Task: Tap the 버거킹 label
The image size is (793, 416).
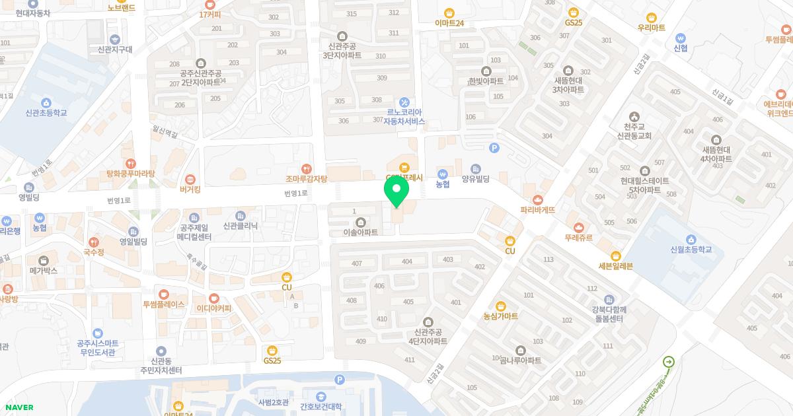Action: pyautogui.click(x=190, y=188)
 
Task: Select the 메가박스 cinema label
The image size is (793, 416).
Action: pyautogui.click(x=44, y=271)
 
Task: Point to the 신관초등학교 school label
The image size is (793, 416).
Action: pyautogui.click(x=46, y=113)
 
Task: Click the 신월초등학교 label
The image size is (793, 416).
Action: pyautogui.click(x=691, y=250)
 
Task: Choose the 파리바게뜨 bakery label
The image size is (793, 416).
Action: pyautogui.click(x=537, y=210)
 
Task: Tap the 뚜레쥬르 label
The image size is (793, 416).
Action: pyautogui.click(x=578, y=237)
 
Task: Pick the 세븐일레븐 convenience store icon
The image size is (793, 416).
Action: pyautogui.click(x=616, y=256)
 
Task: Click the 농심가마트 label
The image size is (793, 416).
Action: pyautogui.click(x=500, y=316)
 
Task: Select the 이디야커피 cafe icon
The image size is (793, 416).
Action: pyautogui.click(x=214, y=298)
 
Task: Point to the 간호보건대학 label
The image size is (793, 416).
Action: pyautogui.click(x=321, y=406)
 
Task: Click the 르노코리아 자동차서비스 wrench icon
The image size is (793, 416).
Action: pyautogui.click(x=404, y=102)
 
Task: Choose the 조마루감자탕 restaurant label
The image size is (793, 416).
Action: pyautogui.click(x=306, y=178)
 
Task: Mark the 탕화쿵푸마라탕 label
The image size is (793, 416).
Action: pyautogui.click(x=130, y=174)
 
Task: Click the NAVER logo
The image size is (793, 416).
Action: pyautogui.click(x=19, y=407)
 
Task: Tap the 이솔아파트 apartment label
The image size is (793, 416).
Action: pyautogui.click(x=360, y=232)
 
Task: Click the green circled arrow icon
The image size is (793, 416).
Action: pyautogui.click(x=669, y=361)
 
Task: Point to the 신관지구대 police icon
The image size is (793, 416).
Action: pyautogui.click(x=115, y=40)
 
